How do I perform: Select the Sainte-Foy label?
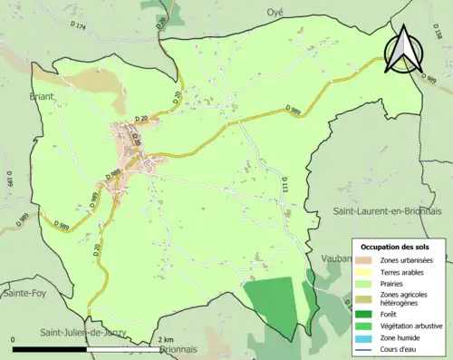click(x=26, y=293)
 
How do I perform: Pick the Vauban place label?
click(x=337, y=258)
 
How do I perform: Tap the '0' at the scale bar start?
click(x=13, y=339)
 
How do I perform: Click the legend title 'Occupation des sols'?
click(x=395, y=247)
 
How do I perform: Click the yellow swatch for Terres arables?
click(x=369, y=272)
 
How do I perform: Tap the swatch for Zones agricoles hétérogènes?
click(x=369, y=299)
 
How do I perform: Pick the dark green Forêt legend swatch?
click(x=369, y=313)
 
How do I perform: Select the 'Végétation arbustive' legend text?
click(x=412, y=325)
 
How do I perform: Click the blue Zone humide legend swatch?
click(x=369, y=336)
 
